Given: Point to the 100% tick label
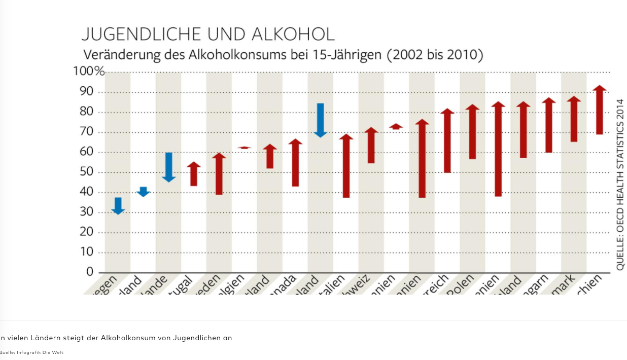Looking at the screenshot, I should (89, 71).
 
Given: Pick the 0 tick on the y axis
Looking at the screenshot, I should (90, 272).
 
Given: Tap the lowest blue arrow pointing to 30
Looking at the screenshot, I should (118, 206).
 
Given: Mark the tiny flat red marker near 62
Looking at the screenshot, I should (245, 148).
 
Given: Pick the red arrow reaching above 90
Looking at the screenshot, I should (600, 110).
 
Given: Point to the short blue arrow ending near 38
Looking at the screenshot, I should (144, 192).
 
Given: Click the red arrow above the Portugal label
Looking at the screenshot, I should (194, 174).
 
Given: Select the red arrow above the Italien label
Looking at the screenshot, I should (346, 166).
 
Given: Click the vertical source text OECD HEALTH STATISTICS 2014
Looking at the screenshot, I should (620, 184).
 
